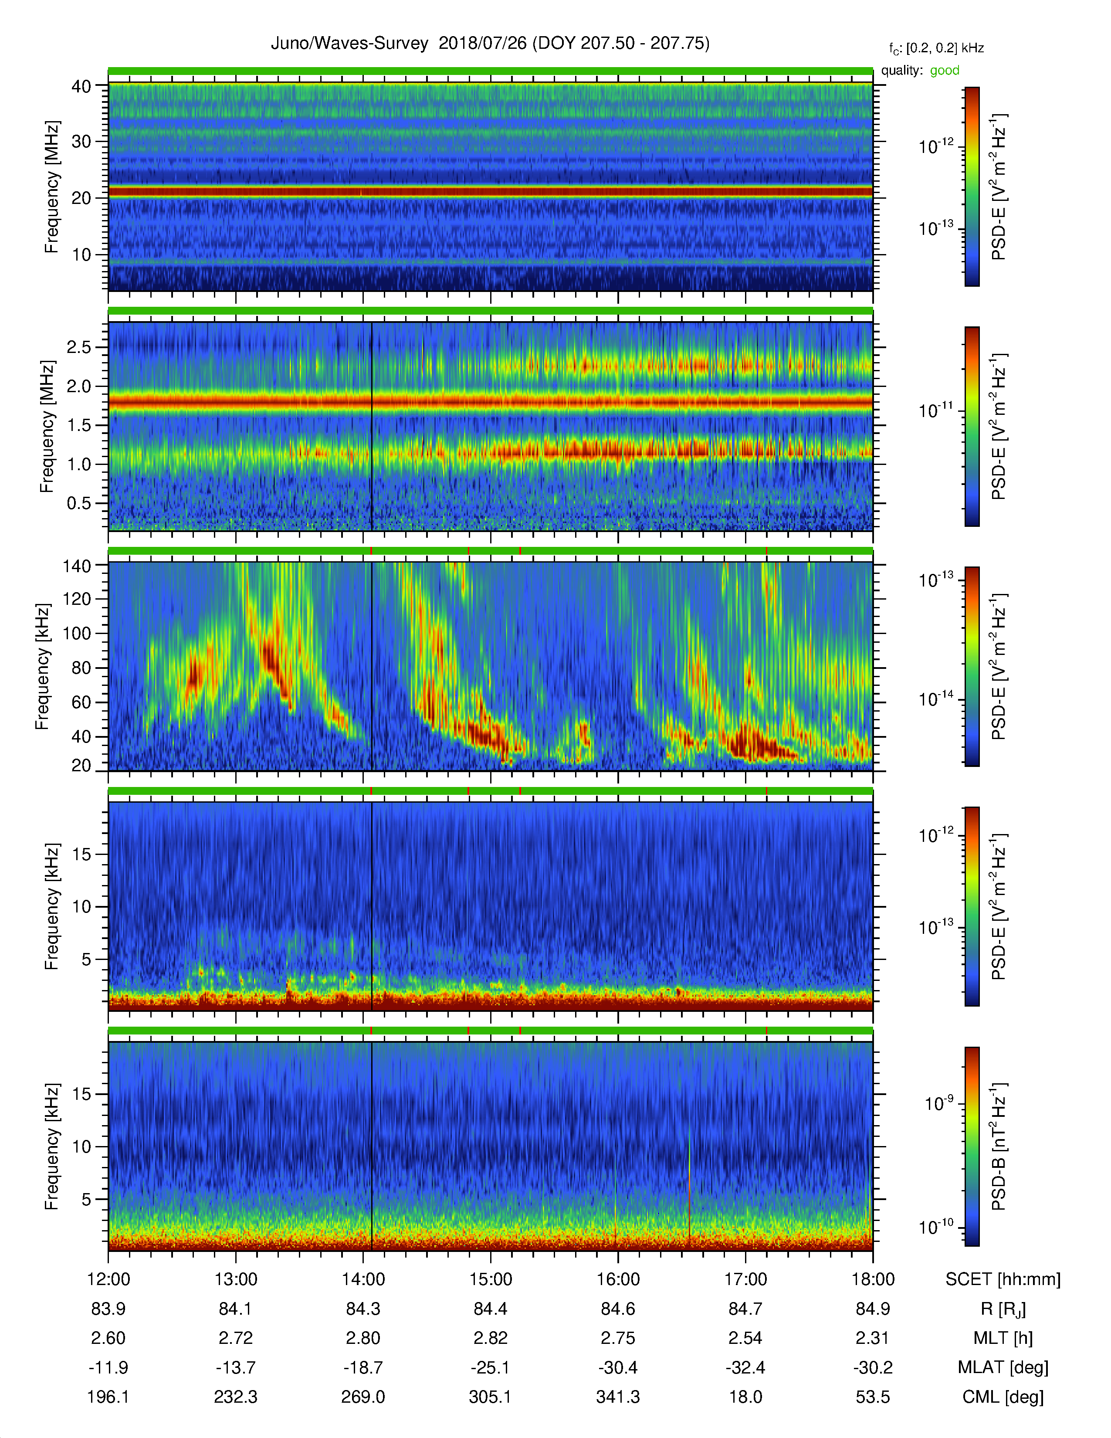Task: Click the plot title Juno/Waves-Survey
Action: pos(349,44)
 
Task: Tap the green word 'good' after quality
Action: pos(945,71)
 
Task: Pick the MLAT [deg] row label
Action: pos(1003,1367)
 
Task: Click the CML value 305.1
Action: pos(490,1397)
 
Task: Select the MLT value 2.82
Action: pos(490,1338)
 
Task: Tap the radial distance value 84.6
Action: pos(618,1309)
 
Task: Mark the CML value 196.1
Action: pos(108,1397)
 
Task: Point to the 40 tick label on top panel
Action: pos(81,86)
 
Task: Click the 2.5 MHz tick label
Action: pos(79,347)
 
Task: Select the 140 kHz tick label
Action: pos(76,566)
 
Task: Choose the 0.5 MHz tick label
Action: pos(79,503)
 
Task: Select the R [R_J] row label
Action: pos(1003,1309)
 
